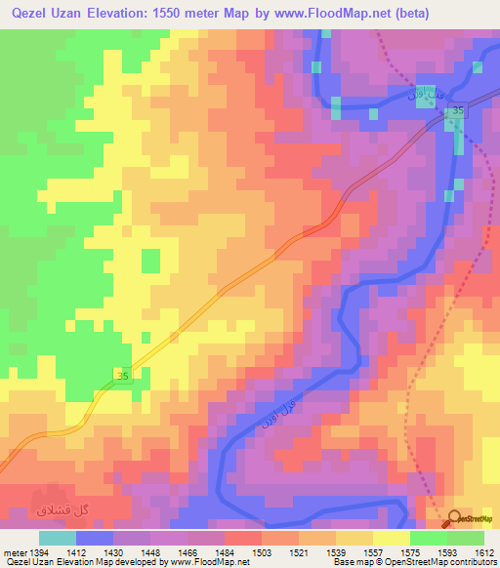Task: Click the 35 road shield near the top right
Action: pyautogui.click(x=457, y=113)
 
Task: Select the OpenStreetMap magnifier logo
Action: pyautogui.click(x=454, y=518)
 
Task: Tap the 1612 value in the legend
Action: pyautogui.click(x=484, y=553)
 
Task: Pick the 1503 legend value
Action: pyautogui.click(x=262, y=553)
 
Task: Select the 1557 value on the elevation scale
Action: pyautogui.click(x=373, y=553)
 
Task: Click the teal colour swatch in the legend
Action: pyautogui.click(x=58, y=538)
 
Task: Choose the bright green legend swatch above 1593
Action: pyautogui.click(x=428, y=538)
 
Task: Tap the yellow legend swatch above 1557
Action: pyautogui.click(x=391, y=538)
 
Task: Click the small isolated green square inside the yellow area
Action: pyautogui.click(x=150, y=261)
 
